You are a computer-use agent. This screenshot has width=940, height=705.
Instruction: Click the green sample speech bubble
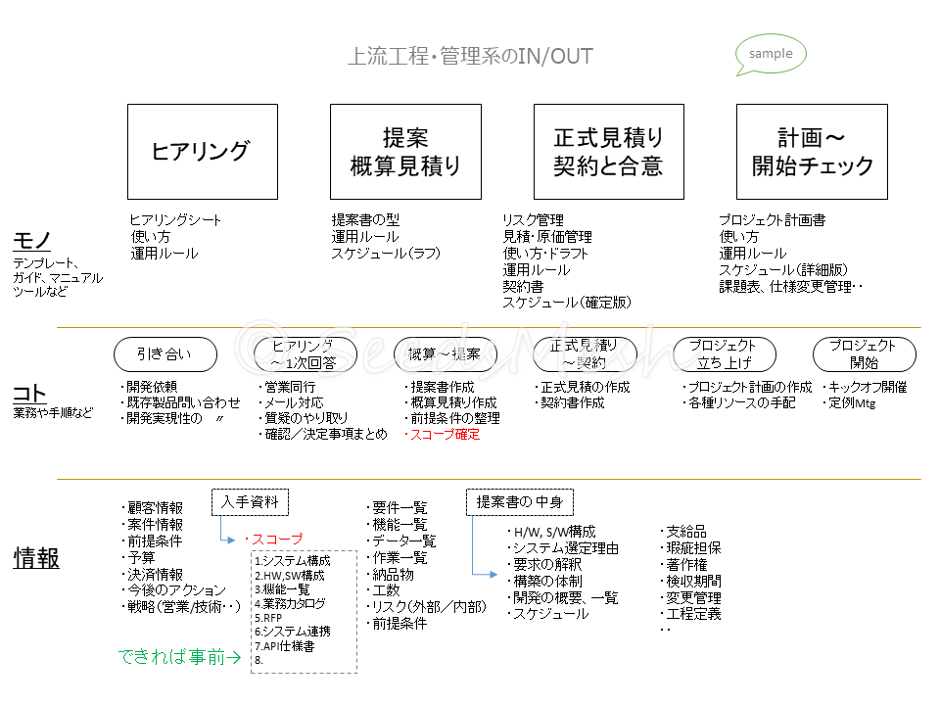(x=771, y=54)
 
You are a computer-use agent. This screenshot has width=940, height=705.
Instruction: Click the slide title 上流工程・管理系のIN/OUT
(x=470, y=56)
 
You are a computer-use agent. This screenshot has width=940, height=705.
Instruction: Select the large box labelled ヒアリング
(x=203, y=152)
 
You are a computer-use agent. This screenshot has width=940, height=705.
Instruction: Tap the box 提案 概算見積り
(x=405, y=152)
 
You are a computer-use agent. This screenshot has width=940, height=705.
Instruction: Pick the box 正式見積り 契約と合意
(x=608, y=152)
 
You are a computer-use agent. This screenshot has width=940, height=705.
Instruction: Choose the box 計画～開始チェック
(x=812, y=152)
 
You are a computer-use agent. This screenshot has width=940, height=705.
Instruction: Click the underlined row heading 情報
(x=36, y=557)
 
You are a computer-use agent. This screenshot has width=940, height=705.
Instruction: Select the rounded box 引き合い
(x=164, y=353)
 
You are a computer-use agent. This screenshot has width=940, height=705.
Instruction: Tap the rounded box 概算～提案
(x=444, y=353)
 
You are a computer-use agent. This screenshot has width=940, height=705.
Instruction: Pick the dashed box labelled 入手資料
(x=251, y=502)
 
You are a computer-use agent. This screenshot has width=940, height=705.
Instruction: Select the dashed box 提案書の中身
(x=519, y=502)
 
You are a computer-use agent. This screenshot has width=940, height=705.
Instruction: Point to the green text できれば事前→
(x=180, y=657)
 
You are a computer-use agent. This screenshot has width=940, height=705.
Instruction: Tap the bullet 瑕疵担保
(x=694, y=548)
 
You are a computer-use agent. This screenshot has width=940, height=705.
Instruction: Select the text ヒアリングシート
(x=177, y=220)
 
